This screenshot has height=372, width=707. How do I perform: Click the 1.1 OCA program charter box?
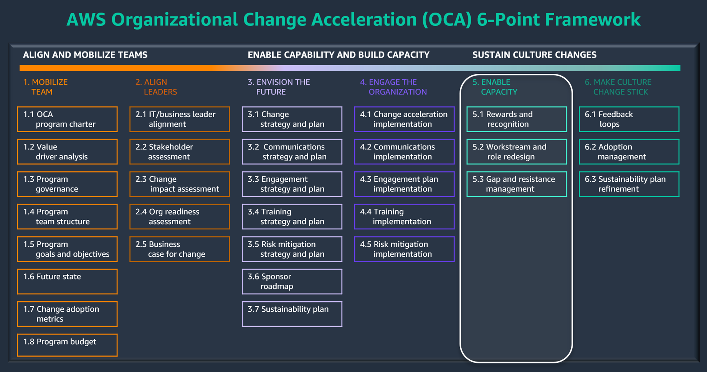pyautogui.click(x=67, y=119)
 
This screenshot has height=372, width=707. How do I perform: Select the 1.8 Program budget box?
pyautogui.click(x=67, y=345)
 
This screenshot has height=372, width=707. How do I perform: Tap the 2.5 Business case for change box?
pyautogui.click(x=180, y=249)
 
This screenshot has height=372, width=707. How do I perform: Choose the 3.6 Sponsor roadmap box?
pyautogui.click(x=292, y=281)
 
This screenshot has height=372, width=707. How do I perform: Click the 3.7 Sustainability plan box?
pyautogui.click(x=292, y=314)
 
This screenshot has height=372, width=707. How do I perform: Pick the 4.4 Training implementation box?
pyautogui.click(x=404, y=216)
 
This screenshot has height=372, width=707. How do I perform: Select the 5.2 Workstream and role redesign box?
pyautogui.click(x=517, y=152)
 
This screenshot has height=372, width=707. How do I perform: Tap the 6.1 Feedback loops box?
pyautogui.click(x=629, y=119)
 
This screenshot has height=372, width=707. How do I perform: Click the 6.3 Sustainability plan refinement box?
pyautogui.click(x=629, y=184)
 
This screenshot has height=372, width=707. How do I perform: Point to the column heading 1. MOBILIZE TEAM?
pyautogui.click(x=45, y=87)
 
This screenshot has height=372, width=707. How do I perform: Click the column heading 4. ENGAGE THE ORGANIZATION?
pyautogui.click(x=393, y=87)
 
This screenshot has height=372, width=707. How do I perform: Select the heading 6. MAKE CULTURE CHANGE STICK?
pyautogui.click(x=618, y=87)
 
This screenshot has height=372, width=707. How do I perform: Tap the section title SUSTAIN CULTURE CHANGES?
pyautogui.click(x=534, y=55)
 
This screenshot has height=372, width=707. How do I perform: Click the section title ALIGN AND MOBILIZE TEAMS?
pyautogui.click(x=85, y=55)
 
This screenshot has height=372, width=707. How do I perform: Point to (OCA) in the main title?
pyautogui.click(x=446, y=19)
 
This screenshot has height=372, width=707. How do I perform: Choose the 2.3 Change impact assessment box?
pyautogui.click(x=180, y=184)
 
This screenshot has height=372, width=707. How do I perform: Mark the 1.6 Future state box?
pyautogui.click(x=67, y=281)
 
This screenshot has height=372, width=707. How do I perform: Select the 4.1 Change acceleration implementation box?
pyautogui.click(x=404, y=119)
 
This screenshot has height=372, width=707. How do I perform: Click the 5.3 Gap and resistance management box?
pyautogui.click(x=517, y=184)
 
